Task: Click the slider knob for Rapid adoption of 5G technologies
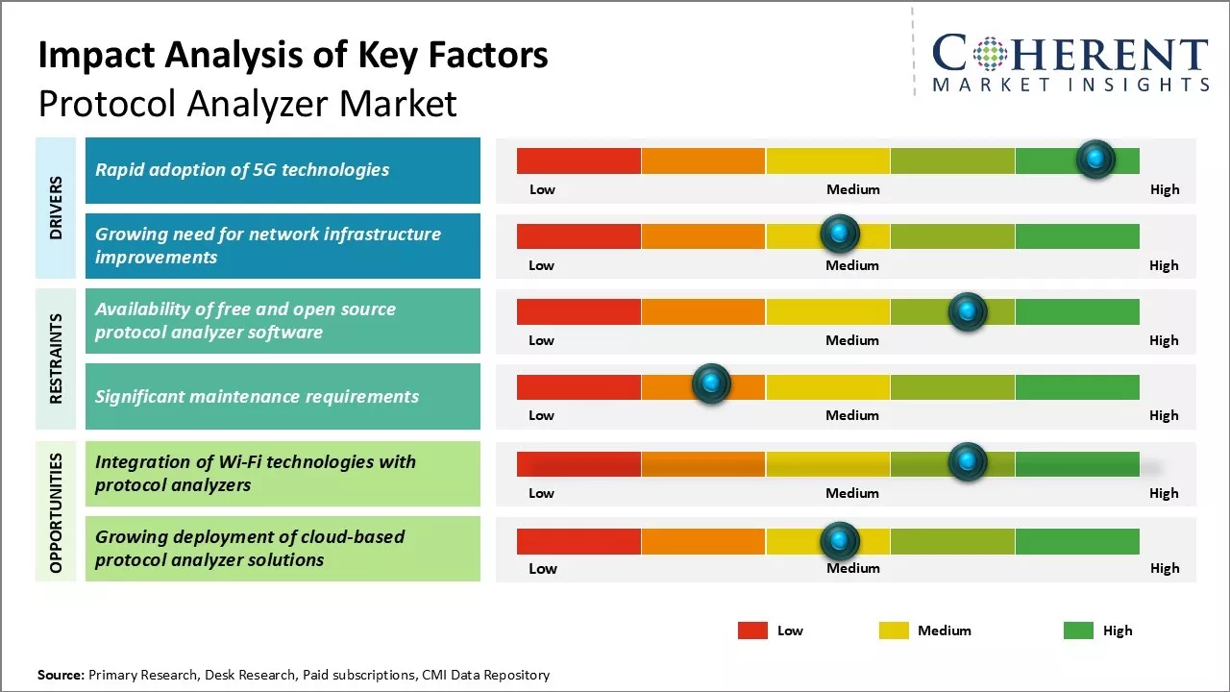[x=1095, y=160]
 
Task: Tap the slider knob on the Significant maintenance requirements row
[x=711, y=384]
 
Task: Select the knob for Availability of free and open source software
[x=968, y=311]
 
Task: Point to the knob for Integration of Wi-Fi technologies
[x=968, y=462]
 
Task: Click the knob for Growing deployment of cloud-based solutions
[x=840, y=541]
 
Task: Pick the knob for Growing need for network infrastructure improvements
[x=840, y=234]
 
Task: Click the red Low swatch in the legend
[x=752, y=630]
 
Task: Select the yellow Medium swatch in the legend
[x=894, y=630]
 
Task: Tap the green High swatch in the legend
[x=1078, y=630]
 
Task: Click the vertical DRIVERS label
[x=56, y=208]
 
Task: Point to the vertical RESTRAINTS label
[x=56, y=358]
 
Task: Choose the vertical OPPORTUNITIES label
[x=56, y=513]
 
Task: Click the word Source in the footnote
[x=61, y=675]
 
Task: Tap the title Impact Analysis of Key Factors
[x=293, y=55]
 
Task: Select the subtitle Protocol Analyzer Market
[x=247, y=103]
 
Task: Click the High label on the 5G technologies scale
[x=1165, y=189]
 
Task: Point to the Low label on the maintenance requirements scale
[x=541, y=415]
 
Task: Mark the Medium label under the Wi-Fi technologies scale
[x=852, y=493]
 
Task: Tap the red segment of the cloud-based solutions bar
[x=578, y=541]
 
